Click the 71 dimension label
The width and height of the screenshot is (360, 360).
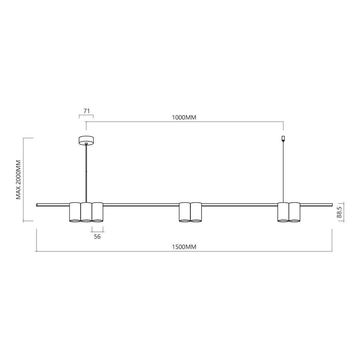pyautogui.click(x=87, y=111)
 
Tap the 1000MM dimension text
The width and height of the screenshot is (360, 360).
pyautogui.click(x=184, y=117)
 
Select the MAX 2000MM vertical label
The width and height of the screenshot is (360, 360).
pyautogui.click(x=19, y=180)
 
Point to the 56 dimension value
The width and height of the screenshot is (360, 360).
pyautogui.click(x=97, y=237)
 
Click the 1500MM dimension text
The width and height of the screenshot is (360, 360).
pyautogui.click(x=184, y=247)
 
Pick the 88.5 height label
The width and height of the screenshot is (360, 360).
pyautogui.click(x=339, y=212)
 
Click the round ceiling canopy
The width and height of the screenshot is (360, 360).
pyautogui.click(x=86, y=140)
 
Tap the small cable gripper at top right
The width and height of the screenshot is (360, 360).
pyautogui.click(x=283, y=138)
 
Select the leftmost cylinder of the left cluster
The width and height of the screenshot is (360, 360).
pyautogui.click(x=75, y=212)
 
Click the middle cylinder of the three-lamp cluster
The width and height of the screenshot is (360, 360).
pyautogui.click(x=86, y=212)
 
